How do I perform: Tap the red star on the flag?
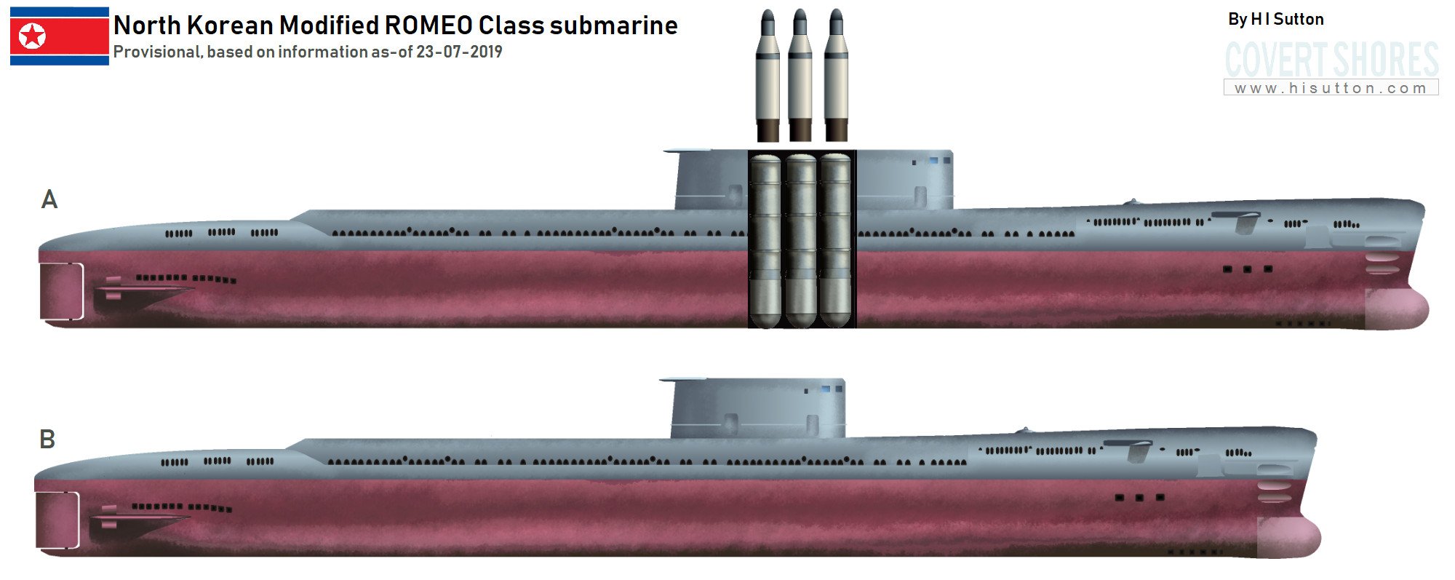(32, 36)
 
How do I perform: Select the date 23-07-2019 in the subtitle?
(459, 52)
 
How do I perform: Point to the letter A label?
(49, 199)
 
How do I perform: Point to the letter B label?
(47, 440)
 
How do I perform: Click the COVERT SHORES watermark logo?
(1331, 60)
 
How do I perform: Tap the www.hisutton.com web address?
(1331, 88)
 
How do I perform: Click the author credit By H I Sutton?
(1275, 20)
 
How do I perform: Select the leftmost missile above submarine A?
(768, 76)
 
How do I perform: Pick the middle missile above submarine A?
(800, 76)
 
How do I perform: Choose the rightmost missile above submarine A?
(836, 76)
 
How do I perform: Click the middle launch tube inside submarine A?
(801, 240)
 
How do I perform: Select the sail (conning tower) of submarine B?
(757, 409)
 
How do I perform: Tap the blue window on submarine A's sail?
(933, 160)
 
